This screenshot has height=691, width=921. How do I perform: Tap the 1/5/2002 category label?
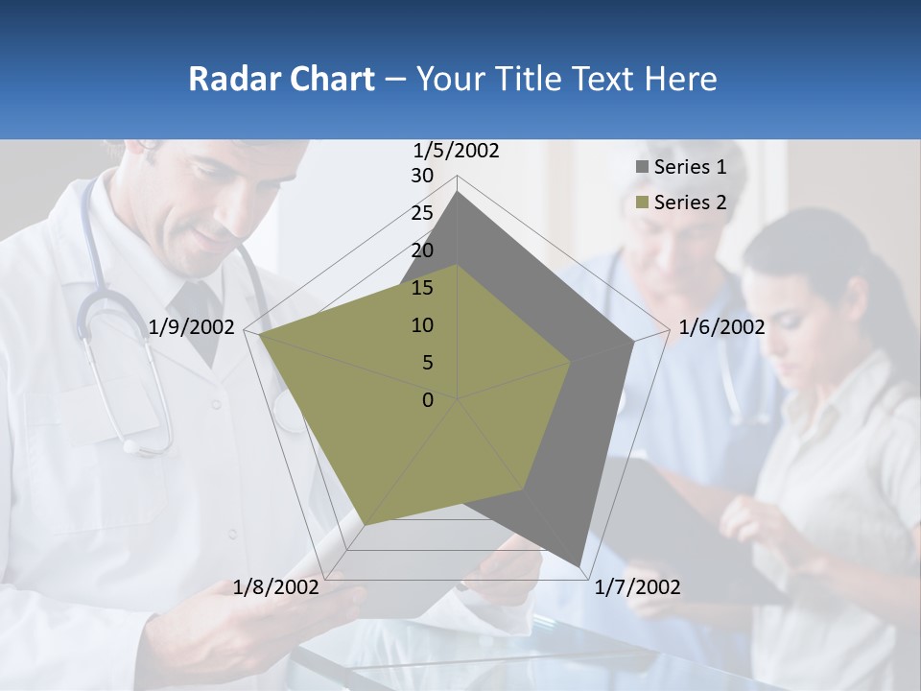457,151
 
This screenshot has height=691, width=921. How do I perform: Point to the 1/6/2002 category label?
721,327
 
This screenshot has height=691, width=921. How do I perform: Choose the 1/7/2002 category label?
637,587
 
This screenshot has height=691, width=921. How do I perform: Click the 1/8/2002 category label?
276,587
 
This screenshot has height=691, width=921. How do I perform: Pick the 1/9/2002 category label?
192,327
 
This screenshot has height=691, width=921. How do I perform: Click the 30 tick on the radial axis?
422,176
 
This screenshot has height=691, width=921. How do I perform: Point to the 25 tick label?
422,213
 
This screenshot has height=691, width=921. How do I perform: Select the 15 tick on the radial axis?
422,288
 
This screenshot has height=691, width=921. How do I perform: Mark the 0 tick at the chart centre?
428,400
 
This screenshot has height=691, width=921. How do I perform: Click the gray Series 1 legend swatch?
641,168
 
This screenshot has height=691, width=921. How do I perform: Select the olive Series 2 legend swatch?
641,203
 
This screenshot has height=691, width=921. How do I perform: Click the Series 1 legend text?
690,168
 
